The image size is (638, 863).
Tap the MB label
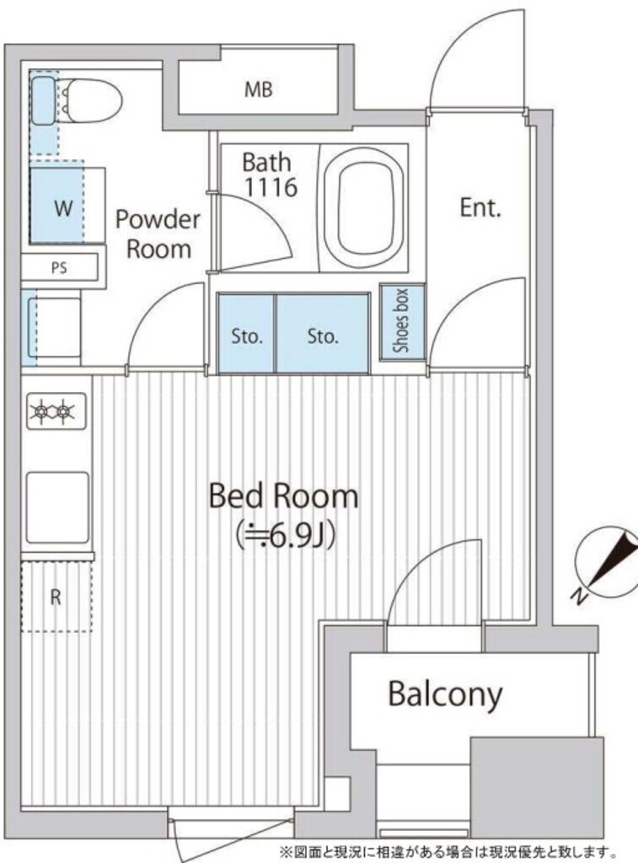coord(259,89)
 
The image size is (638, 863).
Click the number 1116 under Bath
coord(271,187)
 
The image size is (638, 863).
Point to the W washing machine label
coord(64,208)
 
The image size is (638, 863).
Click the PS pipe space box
coord(60,268)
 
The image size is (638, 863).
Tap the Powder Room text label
coord(158,234)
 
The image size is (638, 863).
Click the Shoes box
coord(402,321)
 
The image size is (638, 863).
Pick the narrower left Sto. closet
coord(247,335)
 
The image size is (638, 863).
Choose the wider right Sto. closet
coord(323,335)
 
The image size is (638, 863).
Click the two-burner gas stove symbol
coord(56,410)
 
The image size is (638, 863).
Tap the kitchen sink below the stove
coord(56,507)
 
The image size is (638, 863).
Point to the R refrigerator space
coord(56,597)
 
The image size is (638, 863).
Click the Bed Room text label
coord(283,496)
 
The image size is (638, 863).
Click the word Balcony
coord(445,694)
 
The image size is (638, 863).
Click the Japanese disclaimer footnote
coord(448,851)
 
